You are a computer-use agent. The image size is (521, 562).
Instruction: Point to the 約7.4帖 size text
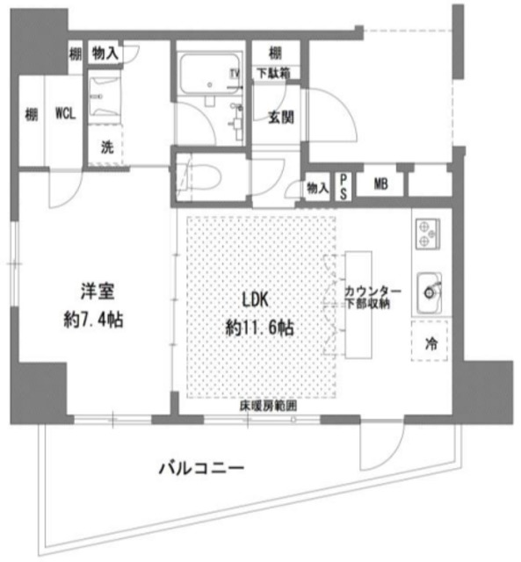pyautogui.click(x=94, y=321)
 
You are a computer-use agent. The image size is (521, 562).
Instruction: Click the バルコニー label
pyautogui.click(x=200, y=468)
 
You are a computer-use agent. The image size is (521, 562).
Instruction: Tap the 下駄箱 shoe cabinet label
pyautogui.click(x=276, y=73)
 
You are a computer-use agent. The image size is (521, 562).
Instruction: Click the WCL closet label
pyautogui.click(x=64, y=113)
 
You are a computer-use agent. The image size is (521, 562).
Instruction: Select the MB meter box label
pyautogui.click(x=380, y=184)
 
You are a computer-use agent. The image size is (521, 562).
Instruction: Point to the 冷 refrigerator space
pyautogui.click(x=431, y=344)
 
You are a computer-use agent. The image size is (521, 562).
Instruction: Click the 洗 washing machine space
pyautogui.click(x=105, y=148)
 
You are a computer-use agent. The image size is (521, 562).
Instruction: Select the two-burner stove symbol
pyautogui.click(x=426, y=232)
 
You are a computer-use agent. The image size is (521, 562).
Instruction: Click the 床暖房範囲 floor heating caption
pyautogui.click(x=267, y=407)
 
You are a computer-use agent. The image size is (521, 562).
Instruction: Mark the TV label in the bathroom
pyautogui.click(x=234, y=73)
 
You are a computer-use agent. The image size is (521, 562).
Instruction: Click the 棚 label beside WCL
pyautogui.click(x=31, y=113)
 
